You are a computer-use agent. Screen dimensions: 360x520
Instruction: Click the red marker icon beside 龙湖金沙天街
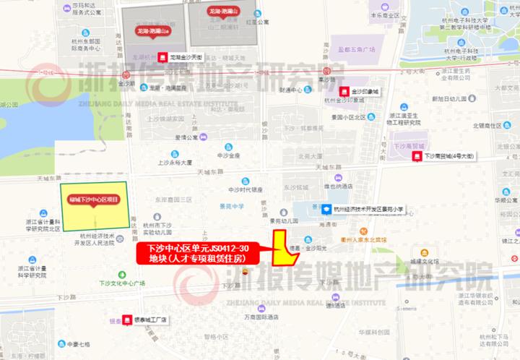coord(162,56)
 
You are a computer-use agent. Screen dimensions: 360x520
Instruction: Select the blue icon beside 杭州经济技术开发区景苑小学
coord(326,209)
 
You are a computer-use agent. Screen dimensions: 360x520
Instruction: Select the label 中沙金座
coord(227,155)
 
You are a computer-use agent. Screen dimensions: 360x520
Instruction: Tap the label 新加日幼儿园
coord(451,98)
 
